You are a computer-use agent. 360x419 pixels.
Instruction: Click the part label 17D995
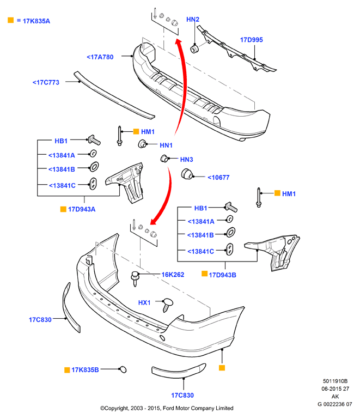251,40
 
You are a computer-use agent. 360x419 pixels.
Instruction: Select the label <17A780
100,57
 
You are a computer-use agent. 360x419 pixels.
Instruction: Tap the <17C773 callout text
46,82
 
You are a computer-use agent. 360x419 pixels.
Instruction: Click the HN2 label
193,19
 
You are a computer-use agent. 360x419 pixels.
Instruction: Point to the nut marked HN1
142,144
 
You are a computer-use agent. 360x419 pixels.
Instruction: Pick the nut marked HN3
164,159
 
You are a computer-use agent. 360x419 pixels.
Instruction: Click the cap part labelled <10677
187,174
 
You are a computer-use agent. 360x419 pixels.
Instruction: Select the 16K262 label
173,275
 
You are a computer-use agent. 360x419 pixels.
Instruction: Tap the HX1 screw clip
167,305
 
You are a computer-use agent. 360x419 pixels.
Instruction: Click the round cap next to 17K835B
123,369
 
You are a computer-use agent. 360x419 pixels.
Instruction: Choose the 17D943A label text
82,209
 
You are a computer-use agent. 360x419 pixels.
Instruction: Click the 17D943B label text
222,275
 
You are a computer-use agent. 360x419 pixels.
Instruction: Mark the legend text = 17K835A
33,21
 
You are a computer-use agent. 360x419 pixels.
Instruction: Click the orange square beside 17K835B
68,370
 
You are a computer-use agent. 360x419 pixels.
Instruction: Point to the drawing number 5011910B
335,381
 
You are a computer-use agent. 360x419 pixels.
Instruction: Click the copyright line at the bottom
167,408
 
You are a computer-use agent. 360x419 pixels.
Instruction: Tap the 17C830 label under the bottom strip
182,395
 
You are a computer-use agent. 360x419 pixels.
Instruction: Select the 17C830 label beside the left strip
40,320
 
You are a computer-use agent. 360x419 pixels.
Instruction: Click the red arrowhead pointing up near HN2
179,42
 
